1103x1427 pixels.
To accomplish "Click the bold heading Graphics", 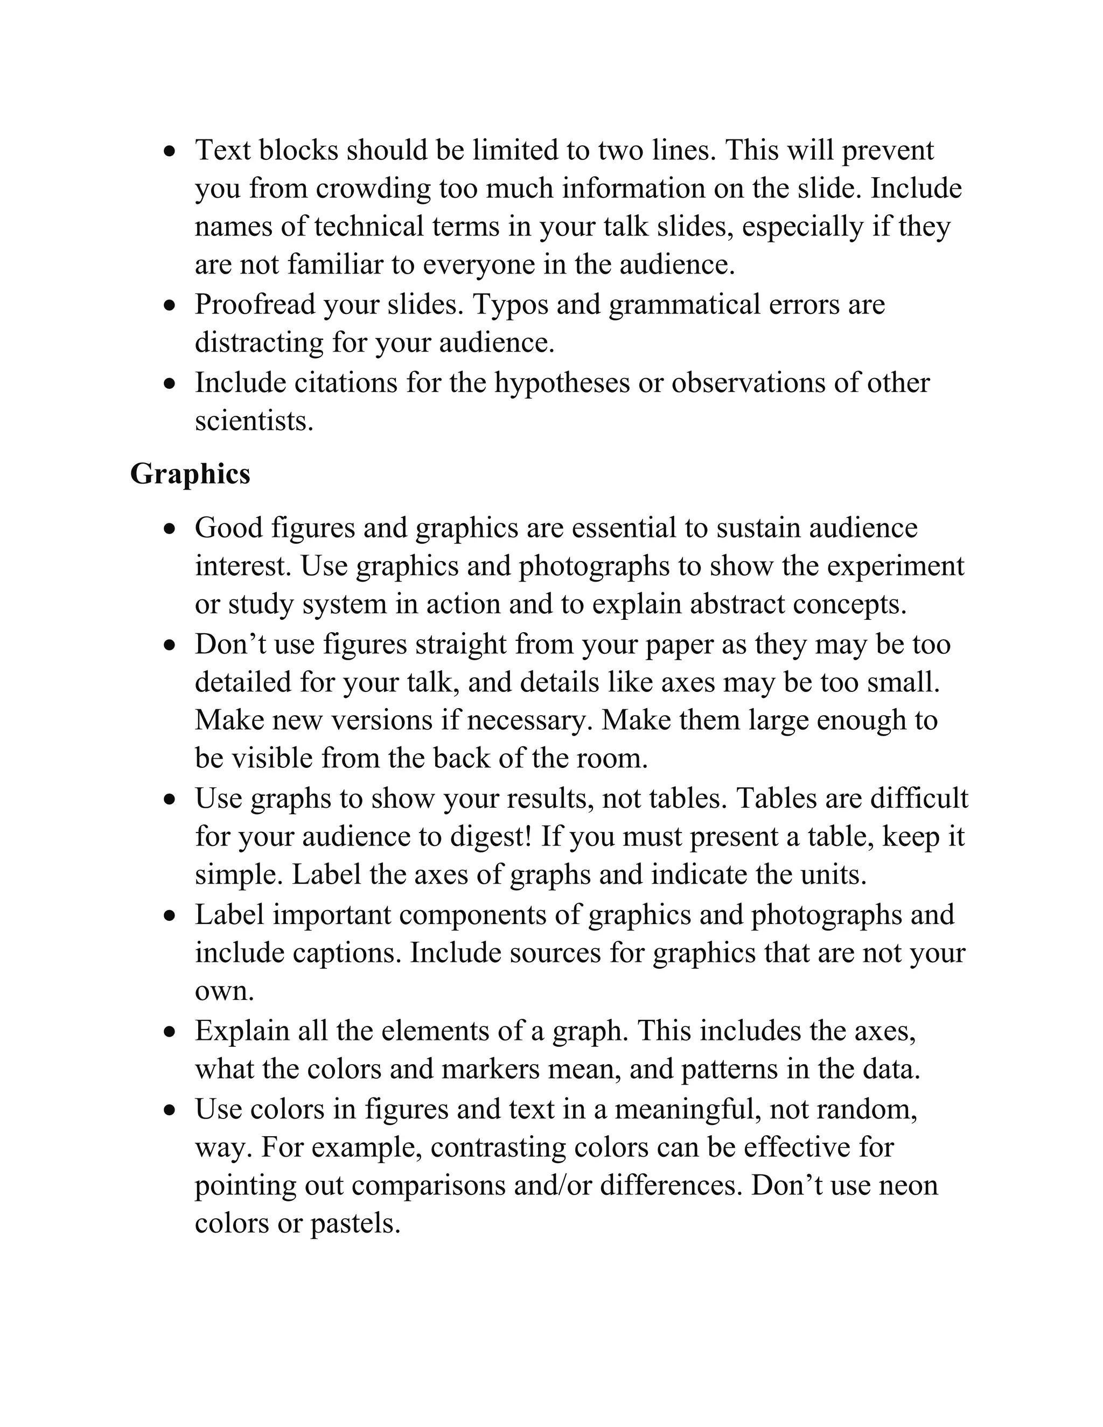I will (x=190, y=474).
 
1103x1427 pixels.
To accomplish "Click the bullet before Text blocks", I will (x=171, y=152).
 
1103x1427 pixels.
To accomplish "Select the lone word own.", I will (x=224, y=992).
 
